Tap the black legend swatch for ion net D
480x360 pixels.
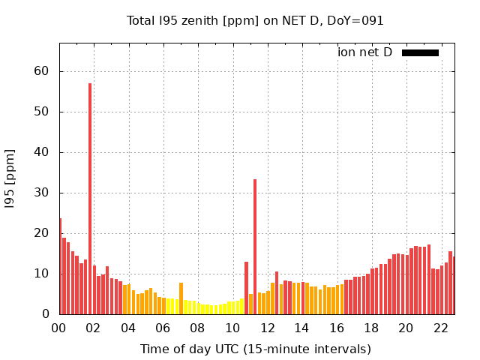pos(420,52)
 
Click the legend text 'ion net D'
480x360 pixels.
pos(365,52)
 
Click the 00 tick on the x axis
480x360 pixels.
pos(59,328)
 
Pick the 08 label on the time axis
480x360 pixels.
pos(197,328)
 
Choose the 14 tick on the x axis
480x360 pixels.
pos(301,328)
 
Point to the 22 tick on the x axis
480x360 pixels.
pos(440,328)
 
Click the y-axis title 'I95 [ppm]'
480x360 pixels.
pos(10,178)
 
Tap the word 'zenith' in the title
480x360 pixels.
pos(195,21)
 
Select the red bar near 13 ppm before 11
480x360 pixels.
pos(246,288)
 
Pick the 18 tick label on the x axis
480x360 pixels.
pos(371,328)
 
